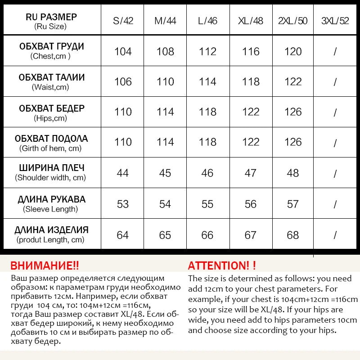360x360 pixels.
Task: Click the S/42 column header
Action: [x=123, y=21]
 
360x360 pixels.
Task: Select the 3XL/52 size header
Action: [x=335, y=21]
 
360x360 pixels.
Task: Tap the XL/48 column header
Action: [x=251, y=21]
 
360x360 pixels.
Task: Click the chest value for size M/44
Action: [x=165, y=51]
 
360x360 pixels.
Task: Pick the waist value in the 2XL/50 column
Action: [x=293, y=81]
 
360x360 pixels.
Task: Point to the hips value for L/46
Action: [x=207, y=112]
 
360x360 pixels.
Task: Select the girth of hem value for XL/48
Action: [x=251, y=142]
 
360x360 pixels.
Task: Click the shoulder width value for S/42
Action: [x=123, y=173]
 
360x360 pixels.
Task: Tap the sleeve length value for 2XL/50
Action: [x=293, y=204]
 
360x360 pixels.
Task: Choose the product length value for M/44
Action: [x=165, y=235]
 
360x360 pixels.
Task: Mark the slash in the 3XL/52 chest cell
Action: [x=335, y=52]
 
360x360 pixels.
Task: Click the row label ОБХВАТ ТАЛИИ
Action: [x=51, y=77]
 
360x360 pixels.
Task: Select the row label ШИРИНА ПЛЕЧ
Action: [x=51, y=168]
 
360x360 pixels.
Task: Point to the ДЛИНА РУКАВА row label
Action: [x=51, y=199]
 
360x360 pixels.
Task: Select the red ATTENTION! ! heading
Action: [x=222, y=265]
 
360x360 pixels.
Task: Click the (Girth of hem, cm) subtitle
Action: [x=50, y=148]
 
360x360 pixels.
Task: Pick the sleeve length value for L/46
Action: [x=207, y=204]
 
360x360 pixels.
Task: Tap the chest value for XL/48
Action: [x=251, y=51]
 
